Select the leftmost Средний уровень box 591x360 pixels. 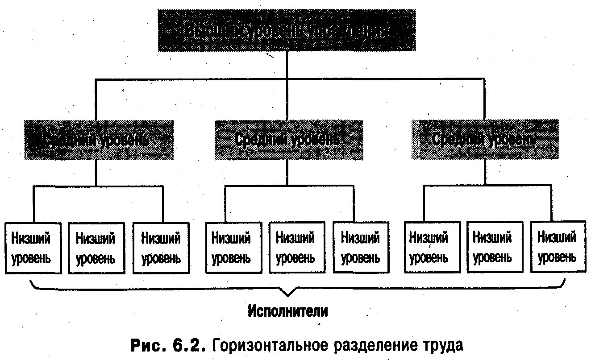99,140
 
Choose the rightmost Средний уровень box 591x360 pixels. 484,140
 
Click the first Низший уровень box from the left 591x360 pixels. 33,248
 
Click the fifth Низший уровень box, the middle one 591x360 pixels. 295,248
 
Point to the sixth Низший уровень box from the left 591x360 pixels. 360,248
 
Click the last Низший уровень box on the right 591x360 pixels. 558,247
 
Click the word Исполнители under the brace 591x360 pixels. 288,311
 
